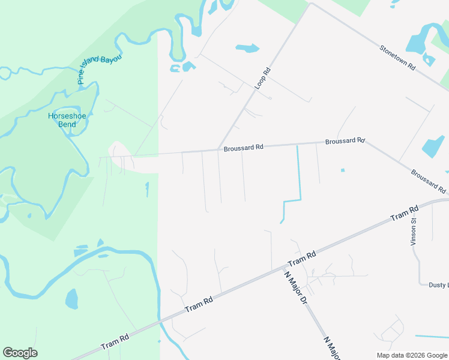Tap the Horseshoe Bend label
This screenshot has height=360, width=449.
[62, 120]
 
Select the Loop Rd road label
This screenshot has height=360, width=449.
[263, 79]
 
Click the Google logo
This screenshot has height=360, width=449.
[20, 353]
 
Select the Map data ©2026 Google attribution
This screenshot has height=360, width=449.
[412, 355]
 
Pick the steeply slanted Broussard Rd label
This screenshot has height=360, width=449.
[429, 181]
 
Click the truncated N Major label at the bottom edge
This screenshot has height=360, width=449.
[332, 349]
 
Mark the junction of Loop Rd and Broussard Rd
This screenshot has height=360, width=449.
[217, 149]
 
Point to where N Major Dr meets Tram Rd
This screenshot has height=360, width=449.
[284, 268]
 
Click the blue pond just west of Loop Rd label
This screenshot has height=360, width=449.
[247, 48]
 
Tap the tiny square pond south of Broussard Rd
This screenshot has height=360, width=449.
[343, 170]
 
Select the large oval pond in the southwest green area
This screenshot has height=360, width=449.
[71, 298]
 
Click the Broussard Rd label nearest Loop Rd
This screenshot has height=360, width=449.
[243, 147]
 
